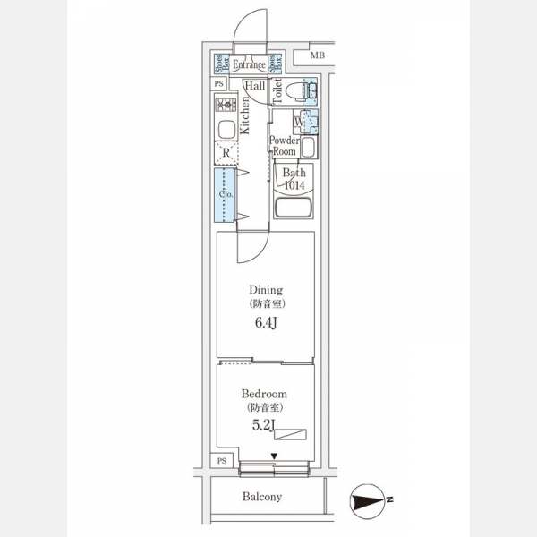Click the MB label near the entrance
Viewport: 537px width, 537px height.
pos(317,57)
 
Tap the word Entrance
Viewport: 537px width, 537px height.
pos(249,64)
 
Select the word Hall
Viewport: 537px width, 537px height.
pos(255,86)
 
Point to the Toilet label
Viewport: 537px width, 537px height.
pos(277,90)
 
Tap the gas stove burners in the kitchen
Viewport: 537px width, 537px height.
pos(226,104)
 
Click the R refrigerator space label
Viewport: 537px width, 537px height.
pos(227,153)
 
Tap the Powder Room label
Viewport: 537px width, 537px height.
pos(284,146)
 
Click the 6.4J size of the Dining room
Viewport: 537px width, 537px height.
pos(266,324)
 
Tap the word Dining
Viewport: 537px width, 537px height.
pos(266,290)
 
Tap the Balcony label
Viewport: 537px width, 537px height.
pos(261,497)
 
